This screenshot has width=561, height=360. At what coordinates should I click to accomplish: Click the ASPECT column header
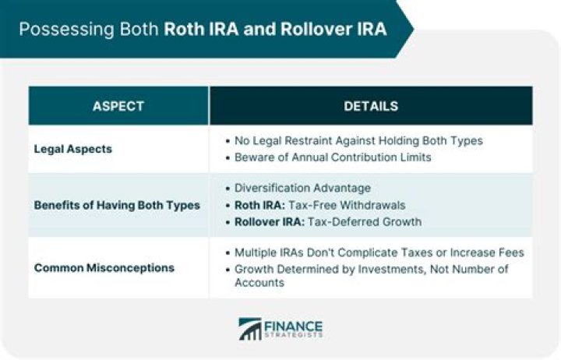[118, 106]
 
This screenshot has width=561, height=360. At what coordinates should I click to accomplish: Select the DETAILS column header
[371, 106]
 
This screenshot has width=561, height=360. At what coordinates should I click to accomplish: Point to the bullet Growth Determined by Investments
[371, 270]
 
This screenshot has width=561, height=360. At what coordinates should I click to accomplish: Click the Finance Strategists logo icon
[250, 329]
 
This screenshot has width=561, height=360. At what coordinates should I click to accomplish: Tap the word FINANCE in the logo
[295, 325]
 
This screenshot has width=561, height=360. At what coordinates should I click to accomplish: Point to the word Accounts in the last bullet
[258, 284]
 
